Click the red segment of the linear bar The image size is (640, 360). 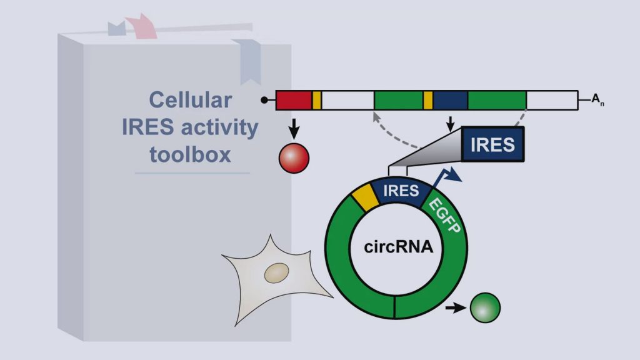(294, 101)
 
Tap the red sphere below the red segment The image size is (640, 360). (294, 158)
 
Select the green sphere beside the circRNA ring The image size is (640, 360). (485, 307)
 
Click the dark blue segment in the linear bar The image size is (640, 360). (450, 101)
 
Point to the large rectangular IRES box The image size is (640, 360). (492, 144)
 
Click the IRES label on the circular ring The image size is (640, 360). (401, 191)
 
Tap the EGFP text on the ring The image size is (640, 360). (445, 215)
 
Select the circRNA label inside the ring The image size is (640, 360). (398, 247)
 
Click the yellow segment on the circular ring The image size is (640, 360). (366, 197)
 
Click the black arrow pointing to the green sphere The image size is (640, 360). (456, 307)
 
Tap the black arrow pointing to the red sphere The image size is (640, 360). (294, 129)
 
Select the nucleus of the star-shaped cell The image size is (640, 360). (277, 273)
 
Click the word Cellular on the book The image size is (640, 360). (190, 100)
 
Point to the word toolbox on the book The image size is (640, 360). (190, 155)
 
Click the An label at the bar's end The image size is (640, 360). (598, 99)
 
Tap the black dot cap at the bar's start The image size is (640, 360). (264, 100)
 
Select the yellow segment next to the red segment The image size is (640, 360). (317, 101)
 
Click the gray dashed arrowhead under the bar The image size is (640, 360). (376, 117)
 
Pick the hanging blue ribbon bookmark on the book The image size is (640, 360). (248, 61)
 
